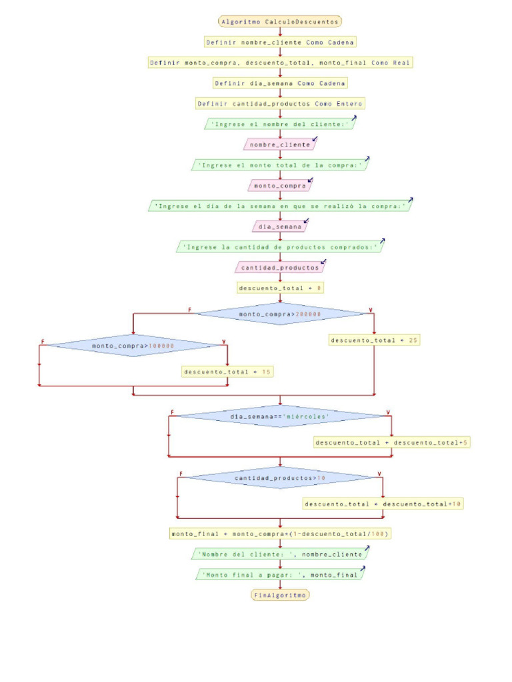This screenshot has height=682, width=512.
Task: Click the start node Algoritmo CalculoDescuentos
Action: (280, 21)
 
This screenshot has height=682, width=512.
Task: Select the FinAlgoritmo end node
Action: (280, 595)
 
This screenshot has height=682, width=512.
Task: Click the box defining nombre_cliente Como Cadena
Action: (280, 42)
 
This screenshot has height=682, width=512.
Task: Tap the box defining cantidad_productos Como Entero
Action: (280, 104)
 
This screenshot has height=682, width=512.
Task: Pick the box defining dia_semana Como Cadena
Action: (280, 83)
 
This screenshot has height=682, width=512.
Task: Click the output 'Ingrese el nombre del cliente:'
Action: (280, 124)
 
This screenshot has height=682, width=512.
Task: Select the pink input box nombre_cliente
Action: (280, 145)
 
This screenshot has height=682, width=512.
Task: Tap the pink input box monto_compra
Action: (280, 186)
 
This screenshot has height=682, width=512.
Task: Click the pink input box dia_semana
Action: (280, 226)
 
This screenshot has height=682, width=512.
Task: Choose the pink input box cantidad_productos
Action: (280, 268)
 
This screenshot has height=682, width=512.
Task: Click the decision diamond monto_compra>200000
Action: (280, 314)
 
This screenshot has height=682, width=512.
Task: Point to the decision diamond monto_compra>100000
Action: (133, 346)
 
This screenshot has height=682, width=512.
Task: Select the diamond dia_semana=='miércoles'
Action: (280, 416)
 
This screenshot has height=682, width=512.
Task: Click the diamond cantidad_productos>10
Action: (280, 478)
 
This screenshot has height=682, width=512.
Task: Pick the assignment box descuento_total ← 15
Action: (228, 372)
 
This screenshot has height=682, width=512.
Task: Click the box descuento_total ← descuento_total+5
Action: (391, 442)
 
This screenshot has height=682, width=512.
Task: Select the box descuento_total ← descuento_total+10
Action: (383, 504)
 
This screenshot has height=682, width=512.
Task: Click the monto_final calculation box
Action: (280, 533)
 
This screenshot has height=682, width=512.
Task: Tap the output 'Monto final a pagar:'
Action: (280, 574)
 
